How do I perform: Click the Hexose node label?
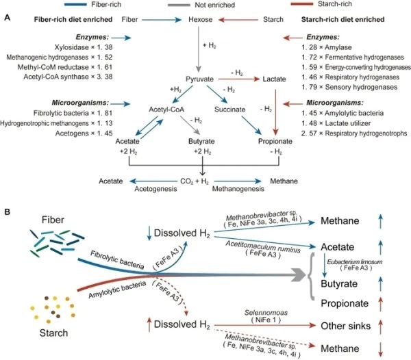point(201,19)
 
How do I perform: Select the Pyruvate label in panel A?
point(200,79)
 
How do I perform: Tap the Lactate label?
point(274,79)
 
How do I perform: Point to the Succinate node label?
point(230,110)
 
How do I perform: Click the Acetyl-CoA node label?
point(166,110)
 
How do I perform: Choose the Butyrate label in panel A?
point(201,142)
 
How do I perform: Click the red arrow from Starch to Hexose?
point(238,20)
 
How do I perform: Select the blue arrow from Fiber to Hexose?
point(162,20)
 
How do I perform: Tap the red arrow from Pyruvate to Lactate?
point(239,79)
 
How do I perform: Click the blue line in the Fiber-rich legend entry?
point(75,5)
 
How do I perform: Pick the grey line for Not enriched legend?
point(179,5)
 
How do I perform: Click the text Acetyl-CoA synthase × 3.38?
point(68,77)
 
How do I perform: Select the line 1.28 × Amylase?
point(326,47)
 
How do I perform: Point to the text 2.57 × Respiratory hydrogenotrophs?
point(354,133)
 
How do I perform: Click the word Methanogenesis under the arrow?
point(238,189)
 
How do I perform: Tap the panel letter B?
point(8,211)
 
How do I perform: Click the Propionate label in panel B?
point(345,303)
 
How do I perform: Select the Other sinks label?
point(346,326)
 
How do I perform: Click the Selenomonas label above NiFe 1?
point(266,313)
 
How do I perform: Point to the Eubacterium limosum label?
point(354,262)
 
